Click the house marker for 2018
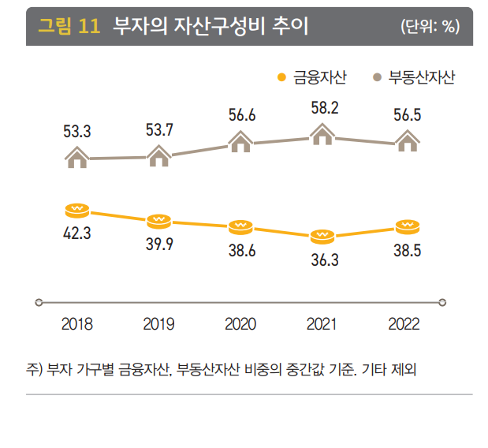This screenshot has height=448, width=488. pyautogui.click(x=76, y=158)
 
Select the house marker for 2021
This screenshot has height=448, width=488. pyautogui.click(x=322, y=136)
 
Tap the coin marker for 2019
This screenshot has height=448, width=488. pyautogui.click(x=158, y=218)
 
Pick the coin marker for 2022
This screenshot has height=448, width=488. pyautogui.click(x=407, y=226)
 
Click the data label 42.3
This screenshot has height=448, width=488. pyautogui.click(x=77, y=233)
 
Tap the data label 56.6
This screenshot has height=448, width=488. pyautogui.click(x=241, y=116)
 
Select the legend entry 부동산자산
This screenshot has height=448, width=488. pyautogui.click(x=422, y=77)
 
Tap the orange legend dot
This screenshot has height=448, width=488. pyautogui.click(x=281, y=77)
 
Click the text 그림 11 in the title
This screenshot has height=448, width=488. pyautogui.click(x=69, y=26)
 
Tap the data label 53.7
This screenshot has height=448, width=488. pyautogui.click(x=159, y=130)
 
